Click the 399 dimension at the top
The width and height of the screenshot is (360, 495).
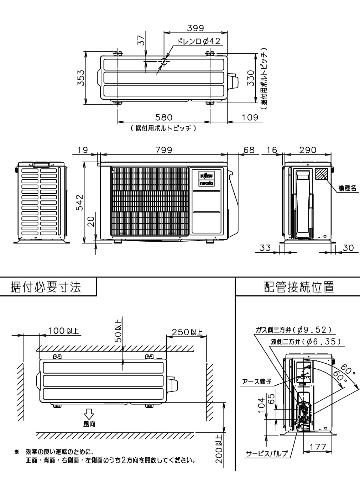(x=195, y=28)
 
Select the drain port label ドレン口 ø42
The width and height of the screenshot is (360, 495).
(x=199, y=42)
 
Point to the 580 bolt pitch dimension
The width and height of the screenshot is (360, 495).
(x=163, y=117)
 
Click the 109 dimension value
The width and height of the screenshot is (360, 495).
(x=250, y=117)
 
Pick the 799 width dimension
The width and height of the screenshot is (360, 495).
(x=163, y=150)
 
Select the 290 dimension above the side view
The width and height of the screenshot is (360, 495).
(x=307, y=150)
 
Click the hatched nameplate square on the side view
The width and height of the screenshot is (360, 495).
(x=321, y=174)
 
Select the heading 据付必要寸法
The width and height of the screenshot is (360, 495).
(x=46, y=287)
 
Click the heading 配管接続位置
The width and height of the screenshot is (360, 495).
(x=299, y=287)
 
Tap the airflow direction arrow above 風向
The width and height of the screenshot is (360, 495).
(x=89, y=414)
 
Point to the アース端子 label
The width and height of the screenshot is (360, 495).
(x=257, y=382)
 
